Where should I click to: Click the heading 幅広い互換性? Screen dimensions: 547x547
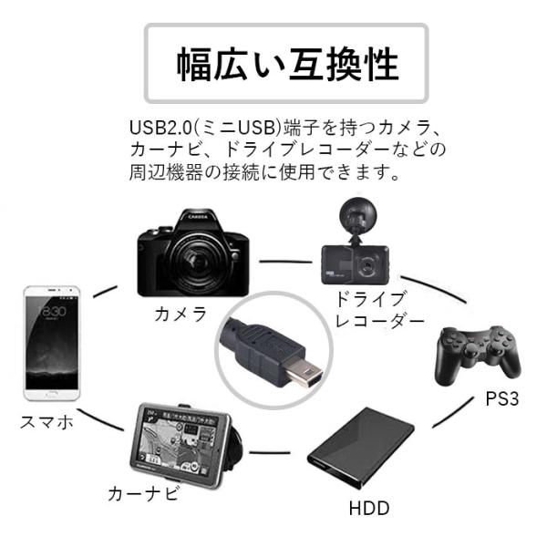pos(287,65)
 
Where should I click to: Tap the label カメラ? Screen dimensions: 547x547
pos(181,315)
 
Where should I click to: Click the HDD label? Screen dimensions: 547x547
pos(369,508)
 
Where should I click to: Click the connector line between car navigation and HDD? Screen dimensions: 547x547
pos(273,451)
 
